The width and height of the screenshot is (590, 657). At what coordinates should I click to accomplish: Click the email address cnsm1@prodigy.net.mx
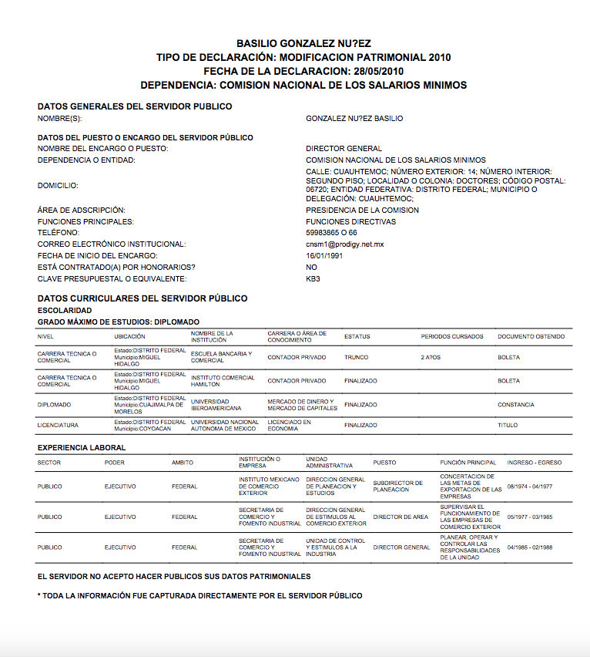(x=344, y=244)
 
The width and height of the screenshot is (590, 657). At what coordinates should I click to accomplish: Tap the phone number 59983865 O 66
(x=331, y=232)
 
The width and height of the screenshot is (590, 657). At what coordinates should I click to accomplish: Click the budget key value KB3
(x=313, y=278)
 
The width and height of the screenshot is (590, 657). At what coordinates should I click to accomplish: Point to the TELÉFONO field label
(x=59, y=232)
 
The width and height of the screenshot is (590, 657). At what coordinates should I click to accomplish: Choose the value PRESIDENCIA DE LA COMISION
(x=362, y=210)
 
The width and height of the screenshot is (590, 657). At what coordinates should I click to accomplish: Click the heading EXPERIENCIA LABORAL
(x=82, y=447)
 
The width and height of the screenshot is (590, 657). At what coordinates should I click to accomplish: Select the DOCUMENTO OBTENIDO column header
(x=531, y=336)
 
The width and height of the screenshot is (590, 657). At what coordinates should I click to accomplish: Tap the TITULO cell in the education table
(x=508, y=425)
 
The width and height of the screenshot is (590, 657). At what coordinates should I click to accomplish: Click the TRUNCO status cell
(x=357, y=357)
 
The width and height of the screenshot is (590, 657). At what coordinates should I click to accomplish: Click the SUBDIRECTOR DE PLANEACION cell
(x=398, y=487)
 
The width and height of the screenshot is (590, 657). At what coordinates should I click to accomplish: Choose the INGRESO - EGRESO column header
(x=535, y=463)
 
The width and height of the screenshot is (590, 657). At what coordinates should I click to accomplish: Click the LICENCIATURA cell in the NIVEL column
(x=58, y=425)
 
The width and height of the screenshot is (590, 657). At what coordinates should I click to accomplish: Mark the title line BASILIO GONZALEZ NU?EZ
(x=303, y=44)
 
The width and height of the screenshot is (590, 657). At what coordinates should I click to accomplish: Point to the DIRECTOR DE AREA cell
(x=401, y=517)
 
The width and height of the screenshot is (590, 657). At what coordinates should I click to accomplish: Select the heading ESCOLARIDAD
(x=65, y=310)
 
